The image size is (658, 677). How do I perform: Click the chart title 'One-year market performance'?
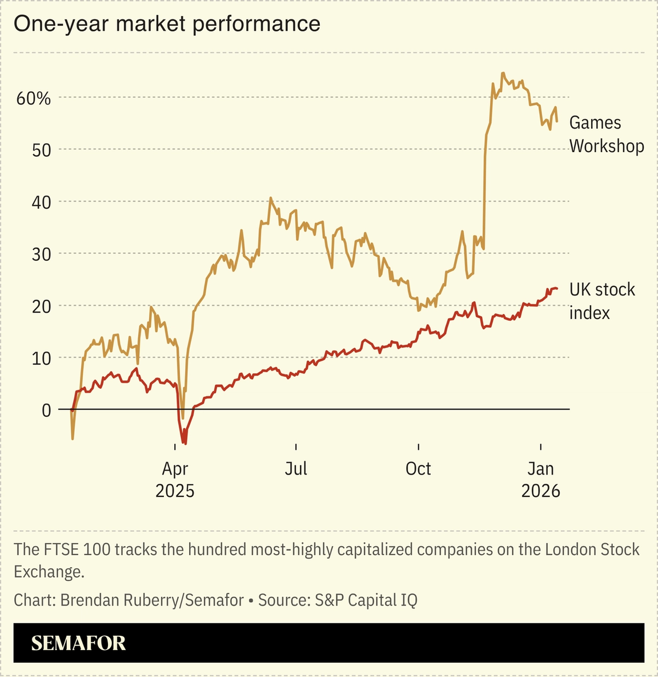[167, 24]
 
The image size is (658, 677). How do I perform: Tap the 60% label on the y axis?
[34, 98]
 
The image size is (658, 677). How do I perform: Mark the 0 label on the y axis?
[46, 411]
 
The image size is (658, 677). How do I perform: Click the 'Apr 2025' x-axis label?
[175, 480]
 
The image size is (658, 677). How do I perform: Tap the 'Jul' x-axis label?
[296, 469]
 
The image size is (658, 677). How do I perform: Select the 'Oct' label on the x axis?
[418, 469]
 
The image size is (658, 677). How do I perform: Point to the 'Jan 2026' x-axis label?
[540, 480]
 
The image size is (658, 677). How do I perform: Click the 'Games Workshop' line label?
[606, 134]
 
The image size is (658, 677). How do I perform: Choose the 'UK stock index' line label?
[601, 301]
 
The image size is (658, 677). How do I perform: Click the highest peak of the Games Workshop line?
[503, 73]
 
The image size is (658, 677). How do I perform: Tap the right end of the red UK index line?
[557, 289]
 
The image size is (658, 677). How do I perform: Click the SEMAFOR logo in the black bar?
[78, 643]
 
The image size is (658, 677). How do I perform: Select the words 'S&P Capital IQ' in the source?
[366, 600]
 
